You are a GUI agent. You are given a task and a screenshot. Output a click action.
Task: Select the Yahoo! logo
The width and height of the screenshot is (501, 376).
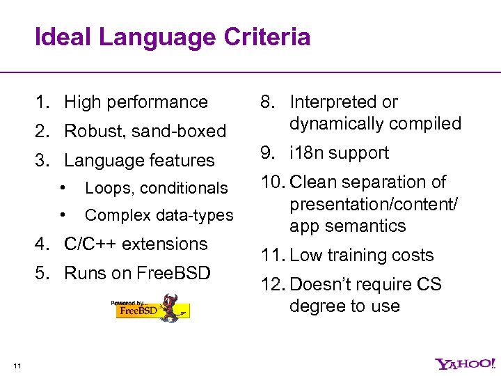(x=466, y=363)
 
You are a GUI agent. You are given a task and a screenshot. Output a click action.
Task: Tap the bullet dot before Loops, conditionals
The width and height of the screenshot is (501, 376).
(x=63, y=188)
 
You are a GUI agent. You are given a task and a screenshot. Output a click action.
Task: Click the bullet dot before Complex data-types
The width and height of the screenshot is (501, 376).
(x=63, y=215)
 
